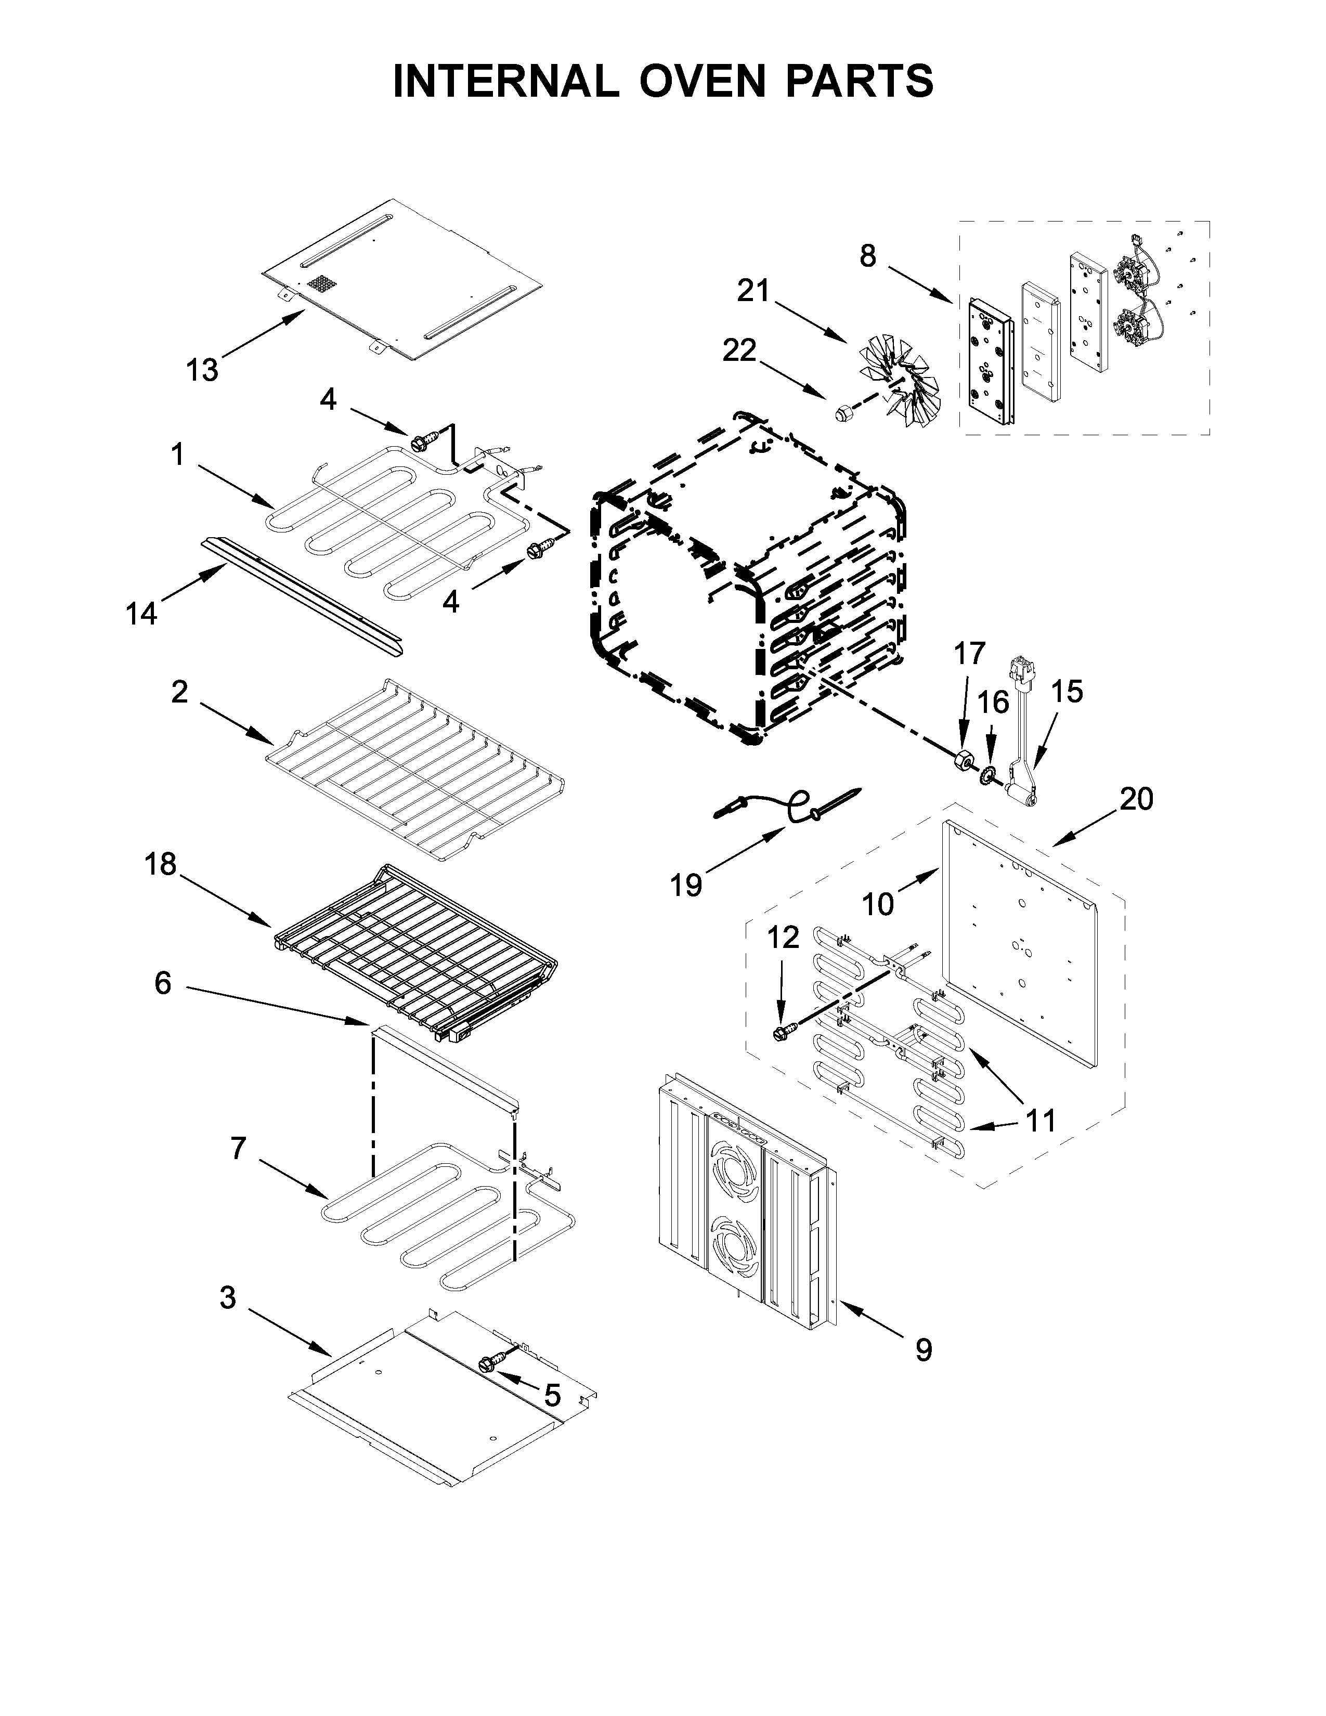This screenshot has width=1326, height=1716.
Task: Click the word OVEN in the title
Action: pos(701,81)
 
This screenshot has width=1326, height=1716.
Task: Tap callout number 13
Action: pos(202,369)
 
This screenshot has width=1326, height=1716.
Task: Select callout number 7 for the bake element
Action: pos(239,1149)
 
